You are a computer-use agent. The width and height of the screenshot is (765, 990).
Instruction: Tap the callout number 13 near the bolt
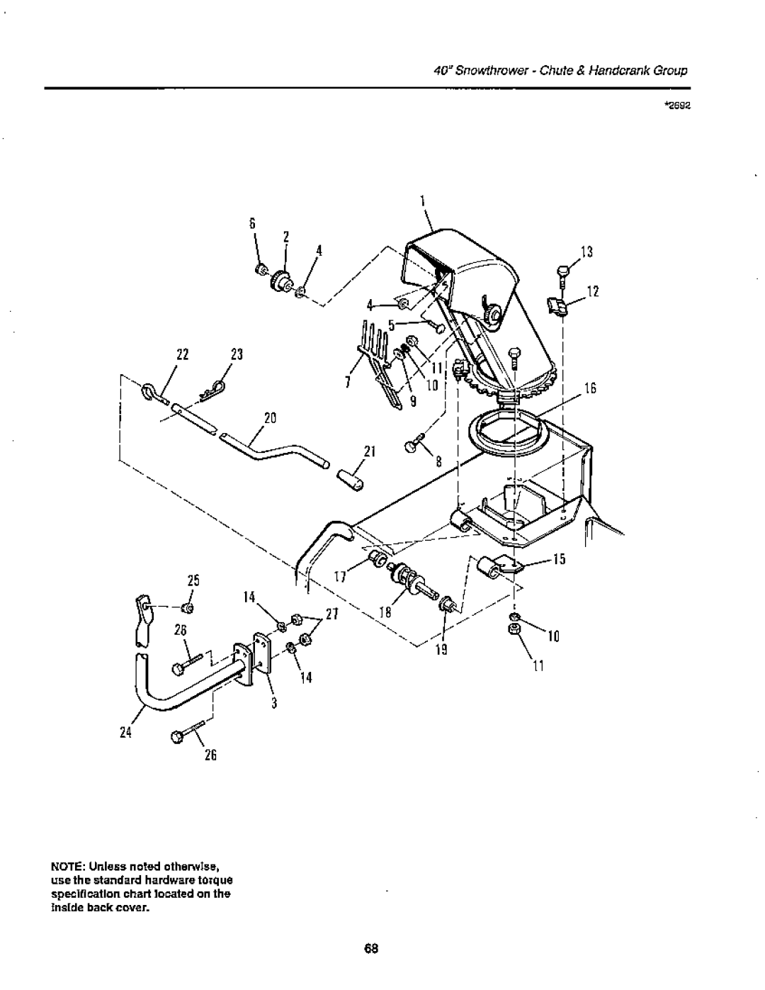[587, 252]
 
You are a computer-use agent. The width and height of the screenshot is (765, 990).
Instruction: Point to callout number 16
[591, 389]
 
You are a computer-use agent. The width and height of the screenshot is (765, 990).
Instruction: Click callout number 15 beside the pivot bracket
[559, 561]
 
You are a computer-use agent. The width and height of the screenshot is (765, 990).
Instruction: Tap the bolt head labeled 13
[562, 269]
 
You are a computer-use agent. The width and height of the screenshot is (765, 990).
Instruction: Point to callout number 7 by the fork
[348, 383]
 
